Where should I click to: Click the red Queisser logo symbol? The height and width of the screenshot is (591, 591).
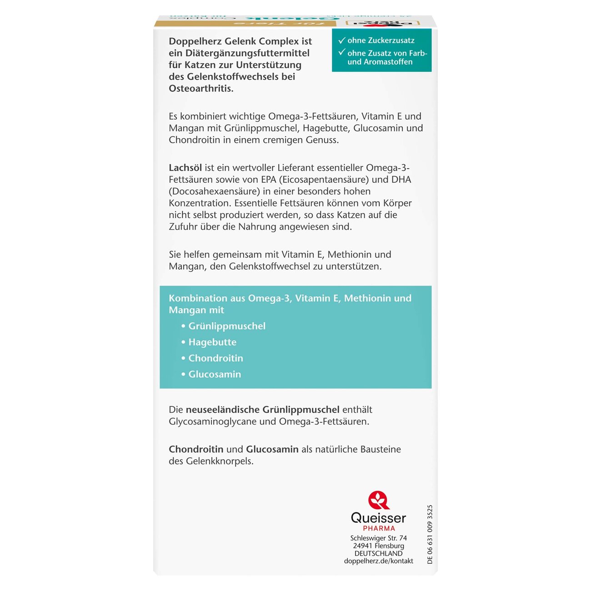point(379,500)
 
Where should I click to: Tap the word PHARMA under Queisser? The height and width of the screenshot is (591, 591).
point(379,528)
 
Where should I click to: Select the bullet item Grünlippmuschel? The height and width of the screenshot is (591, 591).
point(227,326)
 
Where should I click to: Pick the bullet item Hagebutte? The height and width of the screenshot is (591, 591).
point(212,342)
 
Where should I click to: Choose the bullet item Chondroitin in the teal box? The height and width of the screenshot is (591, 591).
point(215,358)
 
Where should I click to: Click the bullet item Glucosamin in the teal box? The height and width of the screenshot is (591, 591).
point(215,374)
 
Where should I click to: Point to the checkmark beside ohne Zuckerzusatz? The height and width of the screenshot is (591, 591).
point(342,40)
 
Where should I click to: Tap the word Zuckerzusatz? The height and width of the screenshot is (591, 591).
point(391,40)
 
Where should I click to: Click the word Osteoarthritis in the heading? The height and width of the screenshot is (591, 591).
point(201,88)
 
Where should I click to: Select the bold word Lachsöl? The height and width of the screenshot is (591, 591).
point(185,168)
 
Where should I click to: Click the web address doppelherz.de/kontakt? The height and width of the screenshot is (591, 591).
point(379,561)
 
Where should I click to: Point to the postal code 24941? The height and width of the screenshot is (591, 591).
point(363,546)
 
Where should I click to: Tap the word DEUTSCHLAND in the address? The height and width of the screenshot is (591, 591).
point(379,553)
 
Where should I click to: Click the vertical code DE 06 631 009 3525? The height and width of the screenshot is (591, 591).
point(430,535)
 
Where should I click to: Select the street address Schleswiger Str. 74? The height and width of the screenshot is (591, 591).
point(379,538)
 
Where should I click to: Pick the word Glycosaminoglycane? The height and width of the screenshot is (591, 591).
point(212,421)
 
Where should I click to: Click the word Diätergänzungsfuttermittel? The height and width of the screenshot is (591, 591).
point(248,53)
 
